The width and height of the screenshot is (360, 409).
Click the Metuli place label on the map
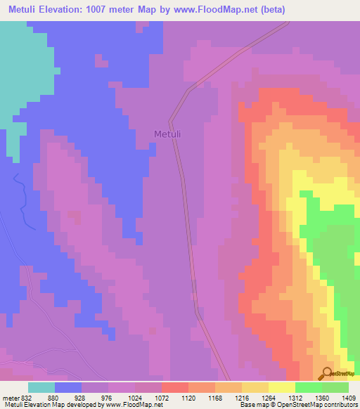pos(168,134)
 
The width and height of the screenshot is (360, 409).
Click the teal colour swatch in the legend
pos(41,387)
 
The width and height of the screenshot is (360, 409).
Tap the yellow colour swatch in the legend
pos(282,387)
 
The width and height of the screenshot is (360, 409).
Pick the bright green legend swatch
pos(309,387)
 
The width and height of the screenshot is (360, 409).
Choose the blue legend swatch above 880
pos(68,387)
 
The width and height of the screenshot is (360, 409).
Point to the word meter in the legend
pos(11,397)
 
